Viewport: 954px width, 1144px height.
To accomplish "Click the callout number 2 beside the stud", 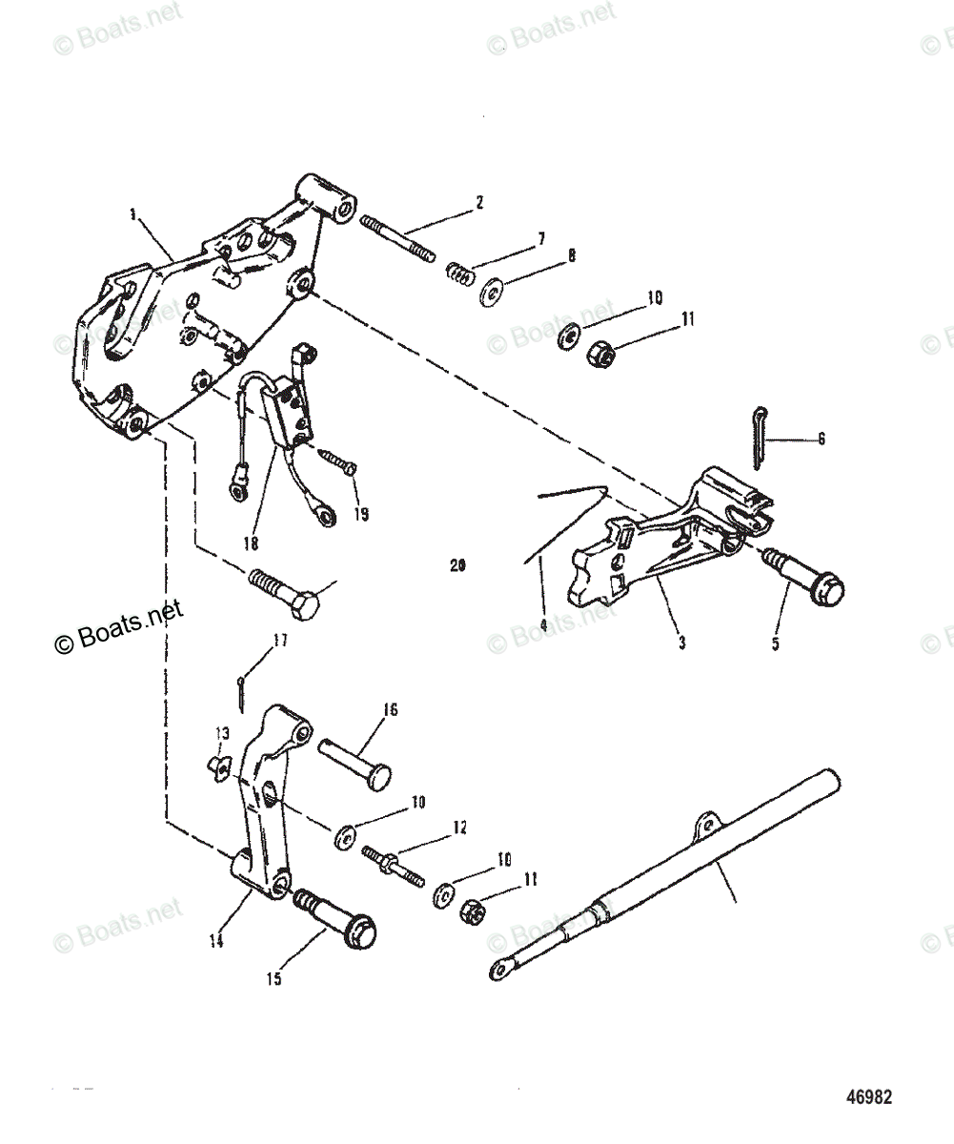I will tap(480, 202).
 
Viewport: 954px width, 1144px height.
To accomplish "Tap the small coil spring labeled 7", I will tap(461, 275).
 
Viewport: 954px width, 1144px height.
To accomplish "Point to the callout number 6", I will tap(821, 439).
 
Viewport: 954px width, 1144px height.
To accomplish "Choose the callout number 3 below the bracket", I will tap(682, 643).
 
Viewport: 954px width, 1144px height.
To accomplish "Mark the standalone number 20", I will tap(457, 565).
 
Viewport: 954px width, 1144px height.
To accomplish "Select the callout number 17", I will tap(279, 643).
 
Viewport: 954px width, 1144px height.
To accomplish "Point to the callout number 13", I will tap(221, 733).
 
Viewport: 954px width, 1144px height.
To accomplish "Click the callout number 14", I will tap(216, 941).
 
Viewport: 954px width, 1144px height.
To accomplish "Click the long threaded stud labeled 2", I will tap(398, 238).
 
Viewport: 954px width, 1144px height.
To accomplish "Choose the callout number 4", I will tap(542, 626).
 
